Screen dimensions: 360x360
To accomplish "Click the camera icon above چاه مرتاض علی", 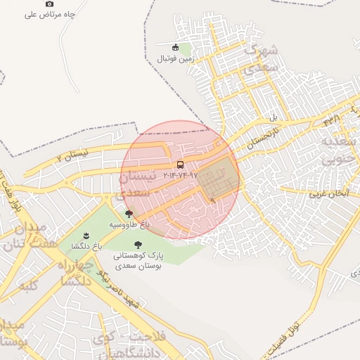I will pos(49,4).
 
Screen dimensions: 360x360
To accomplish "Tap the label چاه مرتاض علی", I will pos(50,14).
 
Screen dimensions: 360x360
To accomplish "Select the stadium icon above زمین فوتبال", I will pos(176,48).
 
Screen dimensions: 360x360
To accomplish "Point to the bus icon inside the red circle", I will pos(181,165).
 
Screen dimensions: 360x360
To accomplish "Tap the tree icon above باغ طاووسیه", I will pos(129,214).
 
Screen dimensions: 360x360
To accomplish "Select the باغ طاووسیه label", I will pos(129,224).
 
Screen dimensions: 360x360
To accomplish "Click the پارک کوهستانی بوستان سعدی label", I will pos(138,261).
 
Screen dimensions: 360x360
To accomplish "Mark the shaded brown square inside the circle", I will pos(217,179).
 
